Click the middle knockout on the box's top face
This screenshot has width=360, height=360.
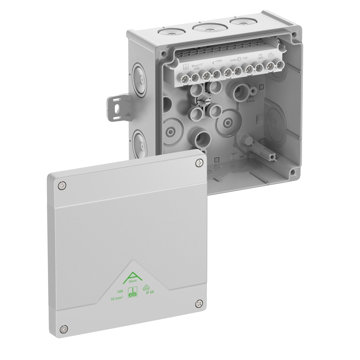pyautogui.click(x=207, y=29)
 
